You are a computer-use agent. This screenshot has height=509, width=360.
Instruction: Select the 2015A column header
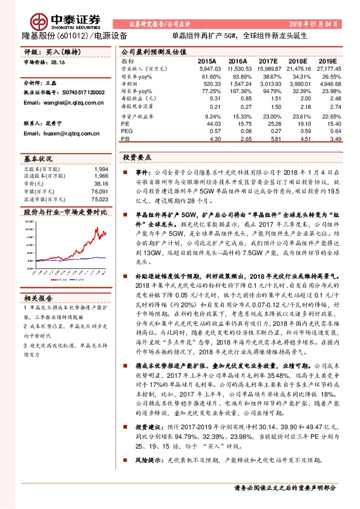tap(207, 62)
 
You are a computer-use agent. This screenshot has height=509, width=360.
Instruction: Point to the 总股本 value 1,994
tap(102, 169)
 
